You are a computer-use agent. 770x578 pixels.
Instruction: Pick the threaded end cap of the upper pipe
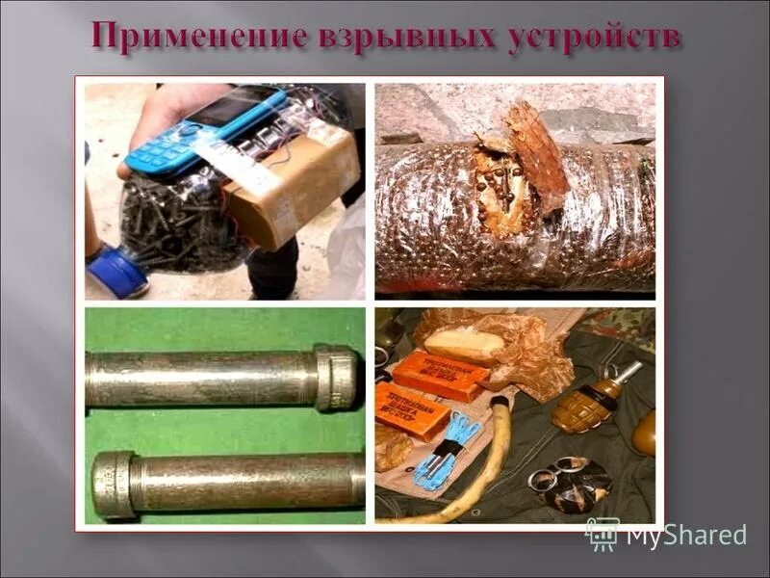[336, 378]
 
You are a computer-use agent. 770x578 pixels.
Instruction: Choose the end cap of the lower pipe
[113, 484]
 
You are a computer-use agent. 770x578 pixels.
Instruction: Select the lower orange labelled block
[411, 408]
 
